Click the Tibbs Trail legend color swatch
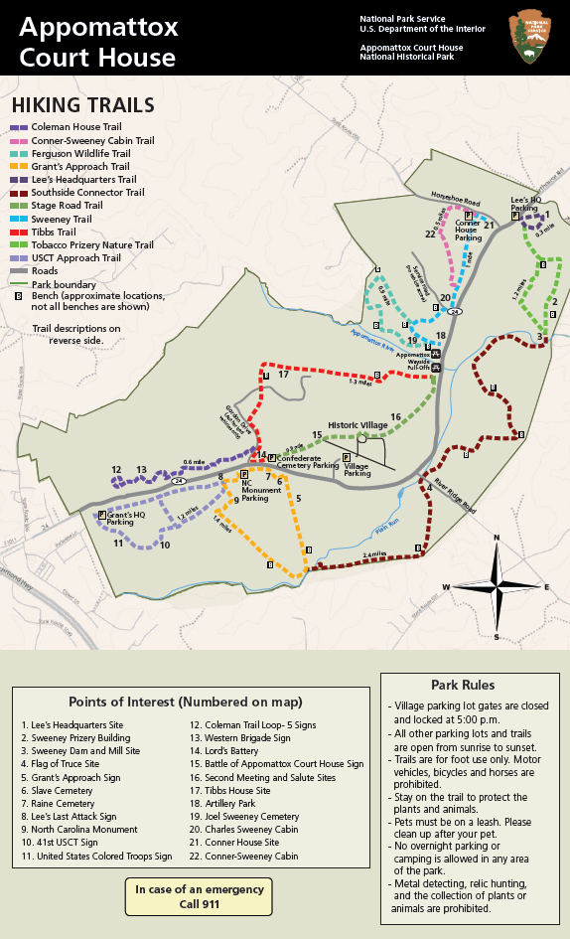pyautogui.click(x=19, y=232)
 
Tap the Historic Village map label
pyautogui.click(x=357, y=424)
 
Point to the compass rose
pyautogui.click(x=497, y=586)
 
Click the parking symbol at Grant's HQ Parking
pyautogui.click(x=102, y=515)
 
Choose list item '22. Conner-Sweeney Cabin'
pyautogui.click(x=244, y=856)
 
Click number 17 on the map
pyautogui.click(x=283, y=375)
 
